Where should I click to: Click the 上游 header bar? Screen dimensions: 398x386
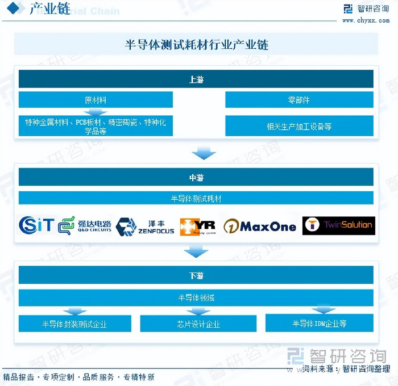[x=196, y=79]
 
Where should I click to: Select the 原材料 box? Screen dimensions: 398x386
[x=96, y=100]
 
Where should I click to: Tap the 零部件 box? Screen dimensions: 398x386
[x=299, y=100]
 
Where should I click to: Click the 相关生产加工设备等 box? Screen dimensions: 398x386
[x=299, y=126]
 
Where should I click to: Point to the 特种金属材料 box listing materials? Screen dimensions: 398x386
[x=96, y=126]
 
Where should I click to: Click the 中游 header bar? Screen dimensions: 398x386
[x=196, y=177]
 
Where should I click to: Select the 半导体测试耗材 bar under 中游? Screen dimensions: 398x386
[x=196, y=198]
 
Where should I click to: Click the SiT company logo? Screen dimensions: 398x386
[x=36, y=225]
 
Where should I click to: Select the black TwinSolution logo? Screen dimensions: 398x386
[x=338, y=225]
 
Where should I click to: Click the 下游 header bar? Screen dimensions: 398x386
[x=196, y=275]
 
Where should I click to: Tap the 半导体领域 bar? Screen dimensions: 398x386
[x=196, y=297]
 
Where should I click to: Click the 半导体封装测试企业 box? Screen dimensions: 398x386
[x=74, y=324]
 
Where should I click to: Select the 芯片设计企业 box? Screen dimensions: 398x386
[x=198, y=324]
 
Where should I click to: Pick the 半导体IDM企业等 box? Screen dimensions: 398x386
[x=320, y=324]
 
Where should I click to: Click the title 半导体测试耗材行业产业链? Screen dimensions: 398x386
[x=196, y=44]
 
